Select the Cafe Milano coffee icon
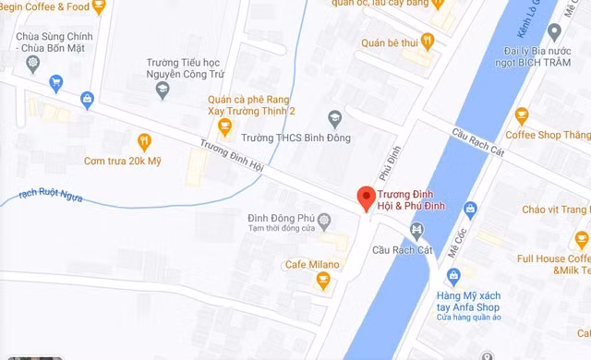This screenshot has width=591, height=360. [323, 281]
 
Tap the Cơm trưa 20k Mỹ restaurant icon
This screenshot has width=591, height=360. [144, 141]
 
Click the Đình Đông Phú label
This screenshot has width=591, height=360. [282, 218]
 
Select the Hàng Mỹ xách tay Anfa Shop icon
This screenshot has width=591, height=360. [453, 275]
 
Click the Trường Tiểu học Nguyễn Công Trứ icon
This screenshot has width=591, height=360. [163, 90]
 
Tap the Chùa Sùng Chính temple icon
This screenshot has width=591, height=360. [34, 64]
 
